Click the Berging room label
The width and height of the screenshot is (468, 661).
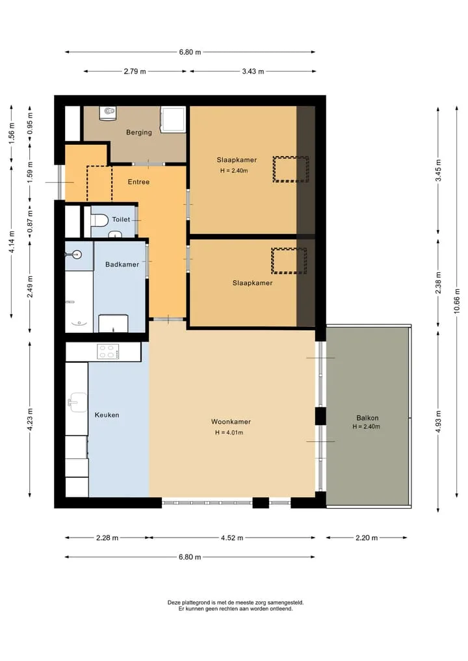(138, 133)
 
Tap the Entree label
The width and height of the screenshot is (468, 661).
(138, 182)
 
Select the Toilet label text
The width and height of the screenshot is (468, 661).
(121, 219)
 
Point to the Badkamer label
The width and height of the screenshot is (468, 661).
(122, 265)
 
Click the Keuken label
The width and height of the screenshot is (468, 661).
(107, 415)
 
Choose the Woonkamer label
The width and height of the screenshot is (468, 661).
(231, 422)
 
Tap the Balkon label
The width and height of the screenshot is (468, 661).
(367, 418)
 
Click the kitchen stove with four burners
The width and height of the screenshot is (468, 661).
(108, 352)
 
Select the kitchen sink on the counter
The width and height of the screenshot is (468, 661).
(77, 402)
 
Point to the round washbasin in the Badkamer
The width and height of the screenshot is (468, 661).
(76, 255)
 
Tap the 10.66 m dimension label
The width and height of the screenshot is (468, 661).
(457, 301)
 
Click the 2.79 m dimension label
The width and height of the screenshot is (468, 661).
(135, 71)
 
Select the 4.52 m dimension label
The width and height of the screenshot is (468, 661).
(232, 538)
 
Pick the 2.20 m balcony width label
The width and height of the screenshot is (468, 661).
(367, 538)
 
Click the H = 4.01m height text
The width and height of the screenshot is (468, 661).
(229, 432)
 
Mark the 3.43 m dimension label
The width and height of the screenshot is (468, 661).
(253, 71)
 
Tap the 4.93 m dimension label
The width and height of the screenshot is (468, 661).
(438, 422)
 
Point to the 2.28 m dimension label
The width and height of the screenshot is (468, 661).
(107, 538)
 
